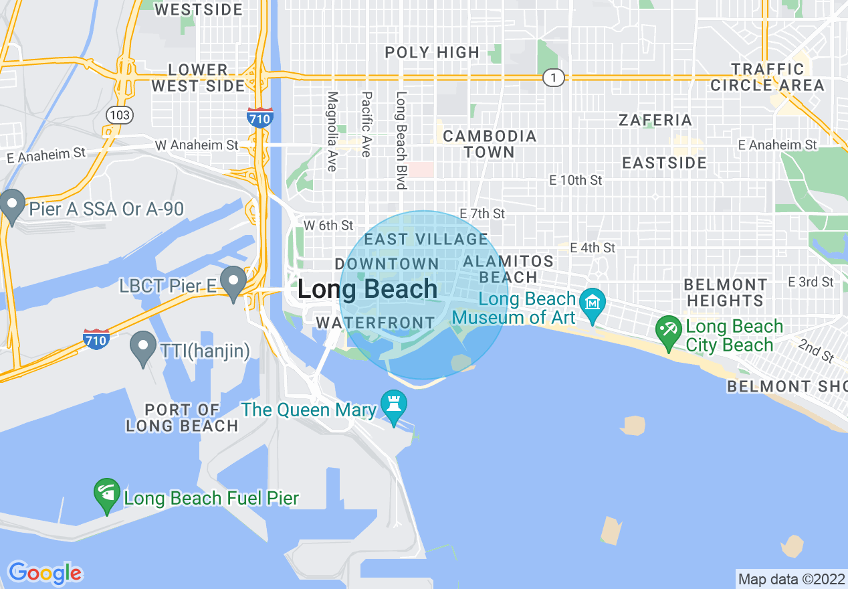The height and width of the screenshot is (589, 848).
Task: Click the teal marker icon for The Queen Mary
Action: click(393, 404)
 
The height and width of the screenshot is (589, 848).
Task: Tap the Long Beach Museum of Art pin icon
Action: click(593, 303)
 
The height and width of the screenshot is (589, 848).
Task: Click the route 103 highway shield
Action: click(119, 115)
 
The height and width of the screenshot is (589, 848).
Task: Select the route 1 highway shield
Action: click(553, 78)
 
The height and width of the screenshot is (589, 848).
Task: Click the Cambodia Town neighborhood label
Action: click(490, 144)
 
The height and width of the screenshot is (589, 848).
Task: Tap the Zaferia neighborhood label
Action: click(655, 120)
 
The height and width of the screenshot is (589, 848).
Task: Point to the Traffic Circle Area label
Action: click(767, 77)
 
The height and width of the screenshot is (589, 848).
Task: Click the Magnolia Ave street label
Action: click(332, 131)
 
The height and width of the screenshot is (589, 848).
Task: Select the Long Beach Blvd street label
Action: click(401, 140)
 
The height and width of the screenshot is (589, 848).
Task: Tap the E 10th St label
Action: click(576, 180)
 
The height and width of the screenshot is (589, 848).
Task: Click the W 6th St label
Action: click(328, 226)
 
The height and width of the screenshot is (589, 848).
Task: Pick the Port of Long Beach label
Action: click(182, 418)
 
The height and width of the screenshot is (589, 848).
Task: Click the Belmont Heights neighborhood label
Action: click(725, 292)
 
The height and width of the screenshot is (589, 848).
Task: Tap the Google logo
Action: click(45, 573)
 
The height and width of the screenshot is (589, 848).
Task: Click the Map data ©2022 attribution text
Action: click(790, 579)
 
